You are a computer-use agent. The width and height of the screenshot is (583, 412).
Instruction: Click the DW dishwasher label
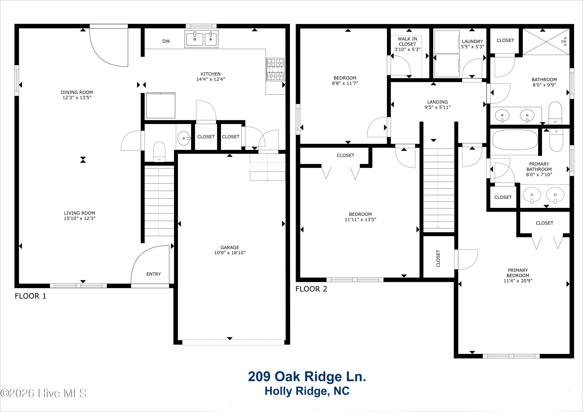[x=166, y=41]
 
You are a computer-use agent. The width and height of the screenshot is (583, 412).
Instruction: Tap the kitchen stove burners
[x=275, y=69]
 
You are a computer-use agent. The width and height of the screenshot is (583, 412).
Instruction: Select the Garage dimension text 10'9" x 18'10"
[x=230, y=253]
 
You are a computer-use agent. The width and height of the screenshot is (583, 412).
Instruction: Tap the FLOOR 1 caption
[x=31, y=296]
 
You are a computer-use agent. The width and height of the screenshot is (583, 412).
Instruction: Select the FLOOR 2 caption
[x=311, y=289]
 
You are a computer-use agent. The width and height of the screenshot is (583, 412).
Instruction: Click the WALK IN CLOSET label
[x=407, y=41]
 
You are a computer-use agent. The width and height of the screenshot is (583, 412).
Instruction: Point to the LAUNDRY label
[x=472, y=41]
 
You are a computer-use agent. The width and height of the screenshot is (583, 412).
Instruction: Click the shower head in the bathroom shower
[x=565, y=41]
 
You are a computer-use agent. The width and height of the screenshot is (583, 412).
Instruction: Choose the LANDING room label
[x=437, y=102]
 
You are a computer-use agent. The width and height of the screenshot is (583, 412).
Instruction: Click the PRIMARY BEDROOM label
[x=518, y=273]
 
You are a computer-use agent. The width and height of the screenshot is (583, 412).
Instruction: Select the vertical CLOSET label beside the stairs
[x=438, y=258]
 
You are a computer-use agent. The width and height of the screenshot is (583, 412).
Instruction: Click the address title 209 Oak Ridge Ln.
[x=307, y=376]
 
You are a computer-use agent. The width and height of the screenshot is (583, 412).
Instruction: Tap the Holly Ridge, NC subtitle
[x=307, y=391]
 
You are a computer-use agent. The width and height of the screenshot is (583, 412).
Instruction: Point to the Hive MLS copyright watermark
[x=43, y=393]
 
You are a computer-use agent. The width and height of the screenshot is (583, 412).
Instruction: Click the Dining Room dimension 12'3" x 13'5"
[x=77, y=98]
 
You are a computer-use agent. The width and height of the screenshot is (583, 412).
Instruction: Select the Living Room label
[x=79, y=213]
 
